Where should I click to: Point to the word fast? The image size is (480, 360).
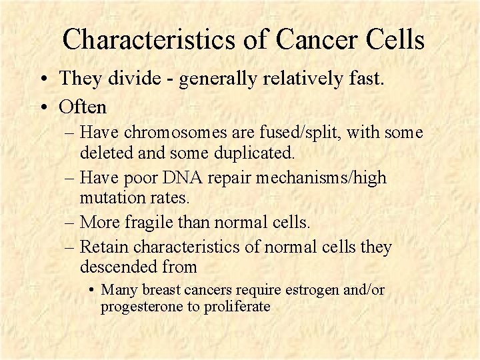pos(364,79)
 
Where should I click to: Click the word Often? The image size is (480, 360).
pos(83,106)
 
